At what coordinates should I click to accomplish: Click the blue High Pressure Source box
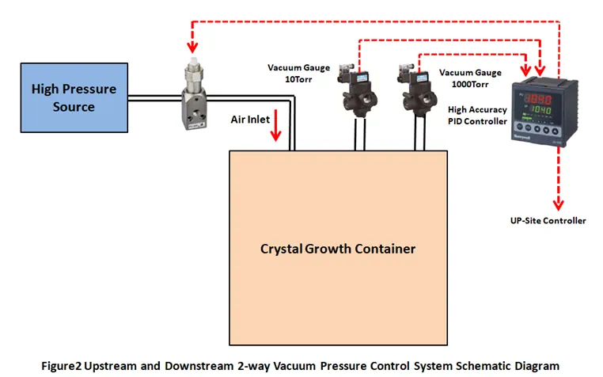point(74,97)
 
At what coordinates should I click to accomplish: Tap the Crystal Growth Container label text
point(338,249)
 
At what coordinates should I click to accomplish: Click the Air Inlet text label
point(250,119)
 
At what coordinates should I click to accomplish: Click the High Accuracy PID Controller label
point(477,115)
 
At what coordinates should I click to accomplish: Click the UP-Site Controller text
point(548,220)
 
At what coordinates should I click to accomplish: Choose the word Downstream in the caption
point(203,366)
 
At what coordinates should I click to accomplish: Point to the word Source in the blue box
point(74,106)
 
